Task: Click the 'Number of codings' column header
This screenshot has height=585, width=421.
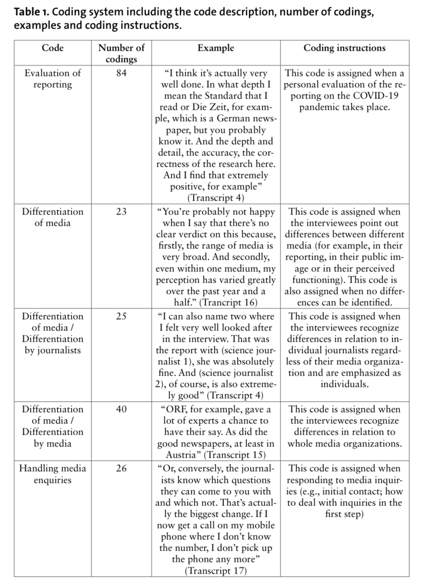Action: click(121, 53)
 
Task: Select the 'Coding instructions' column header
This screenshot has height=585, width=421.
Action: click(344, 48)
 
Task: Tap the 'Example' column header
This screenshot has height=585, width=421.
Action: click(216, 48)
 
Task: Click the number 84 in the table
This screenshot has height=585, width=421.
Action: click(121, 73)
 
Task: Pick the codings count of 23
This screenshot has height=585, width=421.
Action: click(121, 212)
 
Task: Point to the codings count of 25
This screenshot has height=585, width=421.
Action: click(121, 316)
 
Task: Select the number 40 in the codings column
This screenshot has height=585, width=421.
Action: click(121, 409)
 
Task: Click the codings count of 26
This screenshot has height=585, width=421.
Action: click(121, 468)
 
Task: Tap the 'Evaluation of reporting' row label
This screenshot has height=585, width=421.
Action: click(53, 79)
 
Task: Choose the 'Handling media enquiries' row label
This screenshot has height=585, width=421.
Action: click(53, 474)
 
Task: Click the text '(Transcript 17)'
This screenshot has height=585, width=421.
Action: click(216, 571)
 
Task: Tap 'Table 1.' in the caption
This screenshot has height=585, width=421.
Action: click(31, 12)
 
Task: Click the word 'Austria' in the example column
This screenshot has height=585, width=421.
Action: click(183, 455)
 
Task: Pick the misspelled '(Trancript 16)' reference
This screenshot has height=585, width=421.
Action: click(229, 302)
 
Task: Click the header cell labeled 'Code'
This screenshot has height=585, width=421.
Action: click(53, 48)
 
